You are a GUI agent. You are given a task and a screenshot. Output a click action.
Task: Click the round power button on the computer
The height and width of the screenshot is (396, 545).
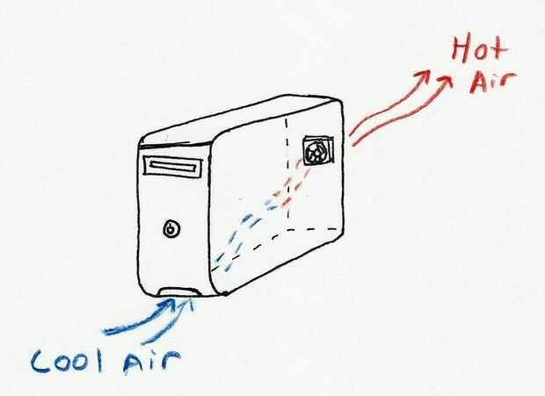click(172, 230)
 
